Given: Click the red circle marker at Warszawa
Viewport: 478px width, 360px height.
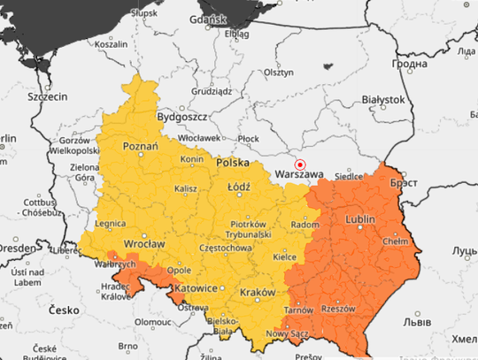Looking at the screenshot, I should click(300, 165).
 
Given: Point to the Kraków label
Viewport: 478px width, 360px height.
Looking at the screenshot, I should click(256, 291).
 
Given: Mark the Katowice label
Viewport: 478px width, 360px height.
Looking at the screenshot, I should click(195, 288).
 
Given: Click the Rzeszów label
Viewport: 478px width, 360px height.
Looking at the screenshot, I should click(338, 309).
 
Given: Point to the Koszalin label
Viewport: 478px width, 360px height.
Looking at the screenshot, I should click(111, 43).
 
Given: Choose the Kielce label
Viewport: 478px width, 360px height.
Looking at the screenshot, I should click(284, 257).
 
